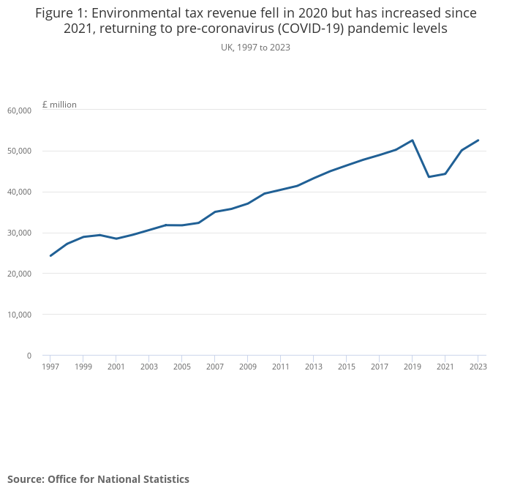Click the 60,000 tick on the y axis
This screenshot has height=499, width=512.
19,110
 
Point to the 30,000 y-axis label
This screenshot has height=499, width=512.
19,233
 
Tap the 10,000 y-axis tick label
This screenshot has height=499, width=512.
19,315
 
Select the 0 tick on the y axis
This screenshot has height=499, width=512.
29,356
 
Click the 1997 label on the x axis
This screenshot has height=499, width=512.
50,367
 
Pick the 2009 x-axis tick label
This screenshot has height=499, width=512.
248,367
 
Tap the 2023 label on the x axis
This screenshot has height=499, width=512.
478,367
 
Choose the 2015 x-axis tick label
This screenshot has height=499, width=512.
347,367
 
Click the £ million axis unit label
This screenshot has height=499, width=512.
59,105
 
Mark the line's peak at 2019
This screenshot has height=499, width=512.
413,140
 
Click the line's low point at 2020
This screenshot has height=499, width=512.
429,177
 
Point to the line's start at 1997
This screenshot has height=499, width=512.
50,255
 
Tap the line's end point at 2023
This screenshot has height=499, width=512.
478,140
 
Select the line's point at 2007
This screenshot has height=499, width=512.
215,211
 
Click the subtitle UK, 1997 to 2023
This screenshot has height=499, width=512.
256,48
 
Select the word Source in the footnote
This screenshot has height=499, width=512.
25,479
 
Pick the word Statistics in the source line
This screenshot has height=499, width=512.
163,479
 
